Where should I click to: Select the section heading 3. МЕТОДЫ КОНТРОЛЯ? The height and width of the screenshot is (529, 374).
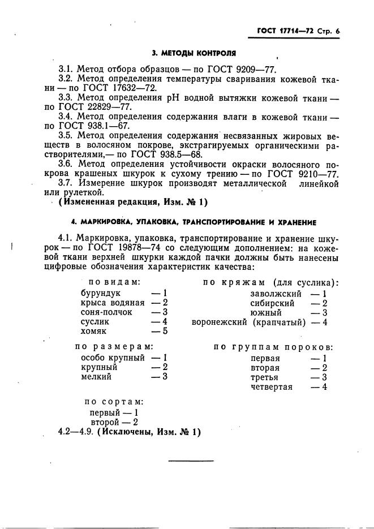188,54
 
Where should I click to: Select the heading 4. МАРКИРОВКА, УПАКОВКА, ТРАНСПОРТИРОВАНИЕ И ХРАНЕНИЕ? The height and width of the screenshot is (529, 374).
188,222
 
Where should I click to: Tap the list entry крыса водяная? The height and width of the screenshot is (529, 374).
109,303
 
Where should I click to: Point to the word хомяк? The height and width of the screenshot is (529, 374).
93,332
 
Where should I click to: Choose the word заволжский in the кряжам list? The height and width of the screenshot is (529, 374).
276,294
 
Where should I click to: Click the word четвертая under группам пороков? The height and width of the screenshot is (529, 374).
272,386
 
